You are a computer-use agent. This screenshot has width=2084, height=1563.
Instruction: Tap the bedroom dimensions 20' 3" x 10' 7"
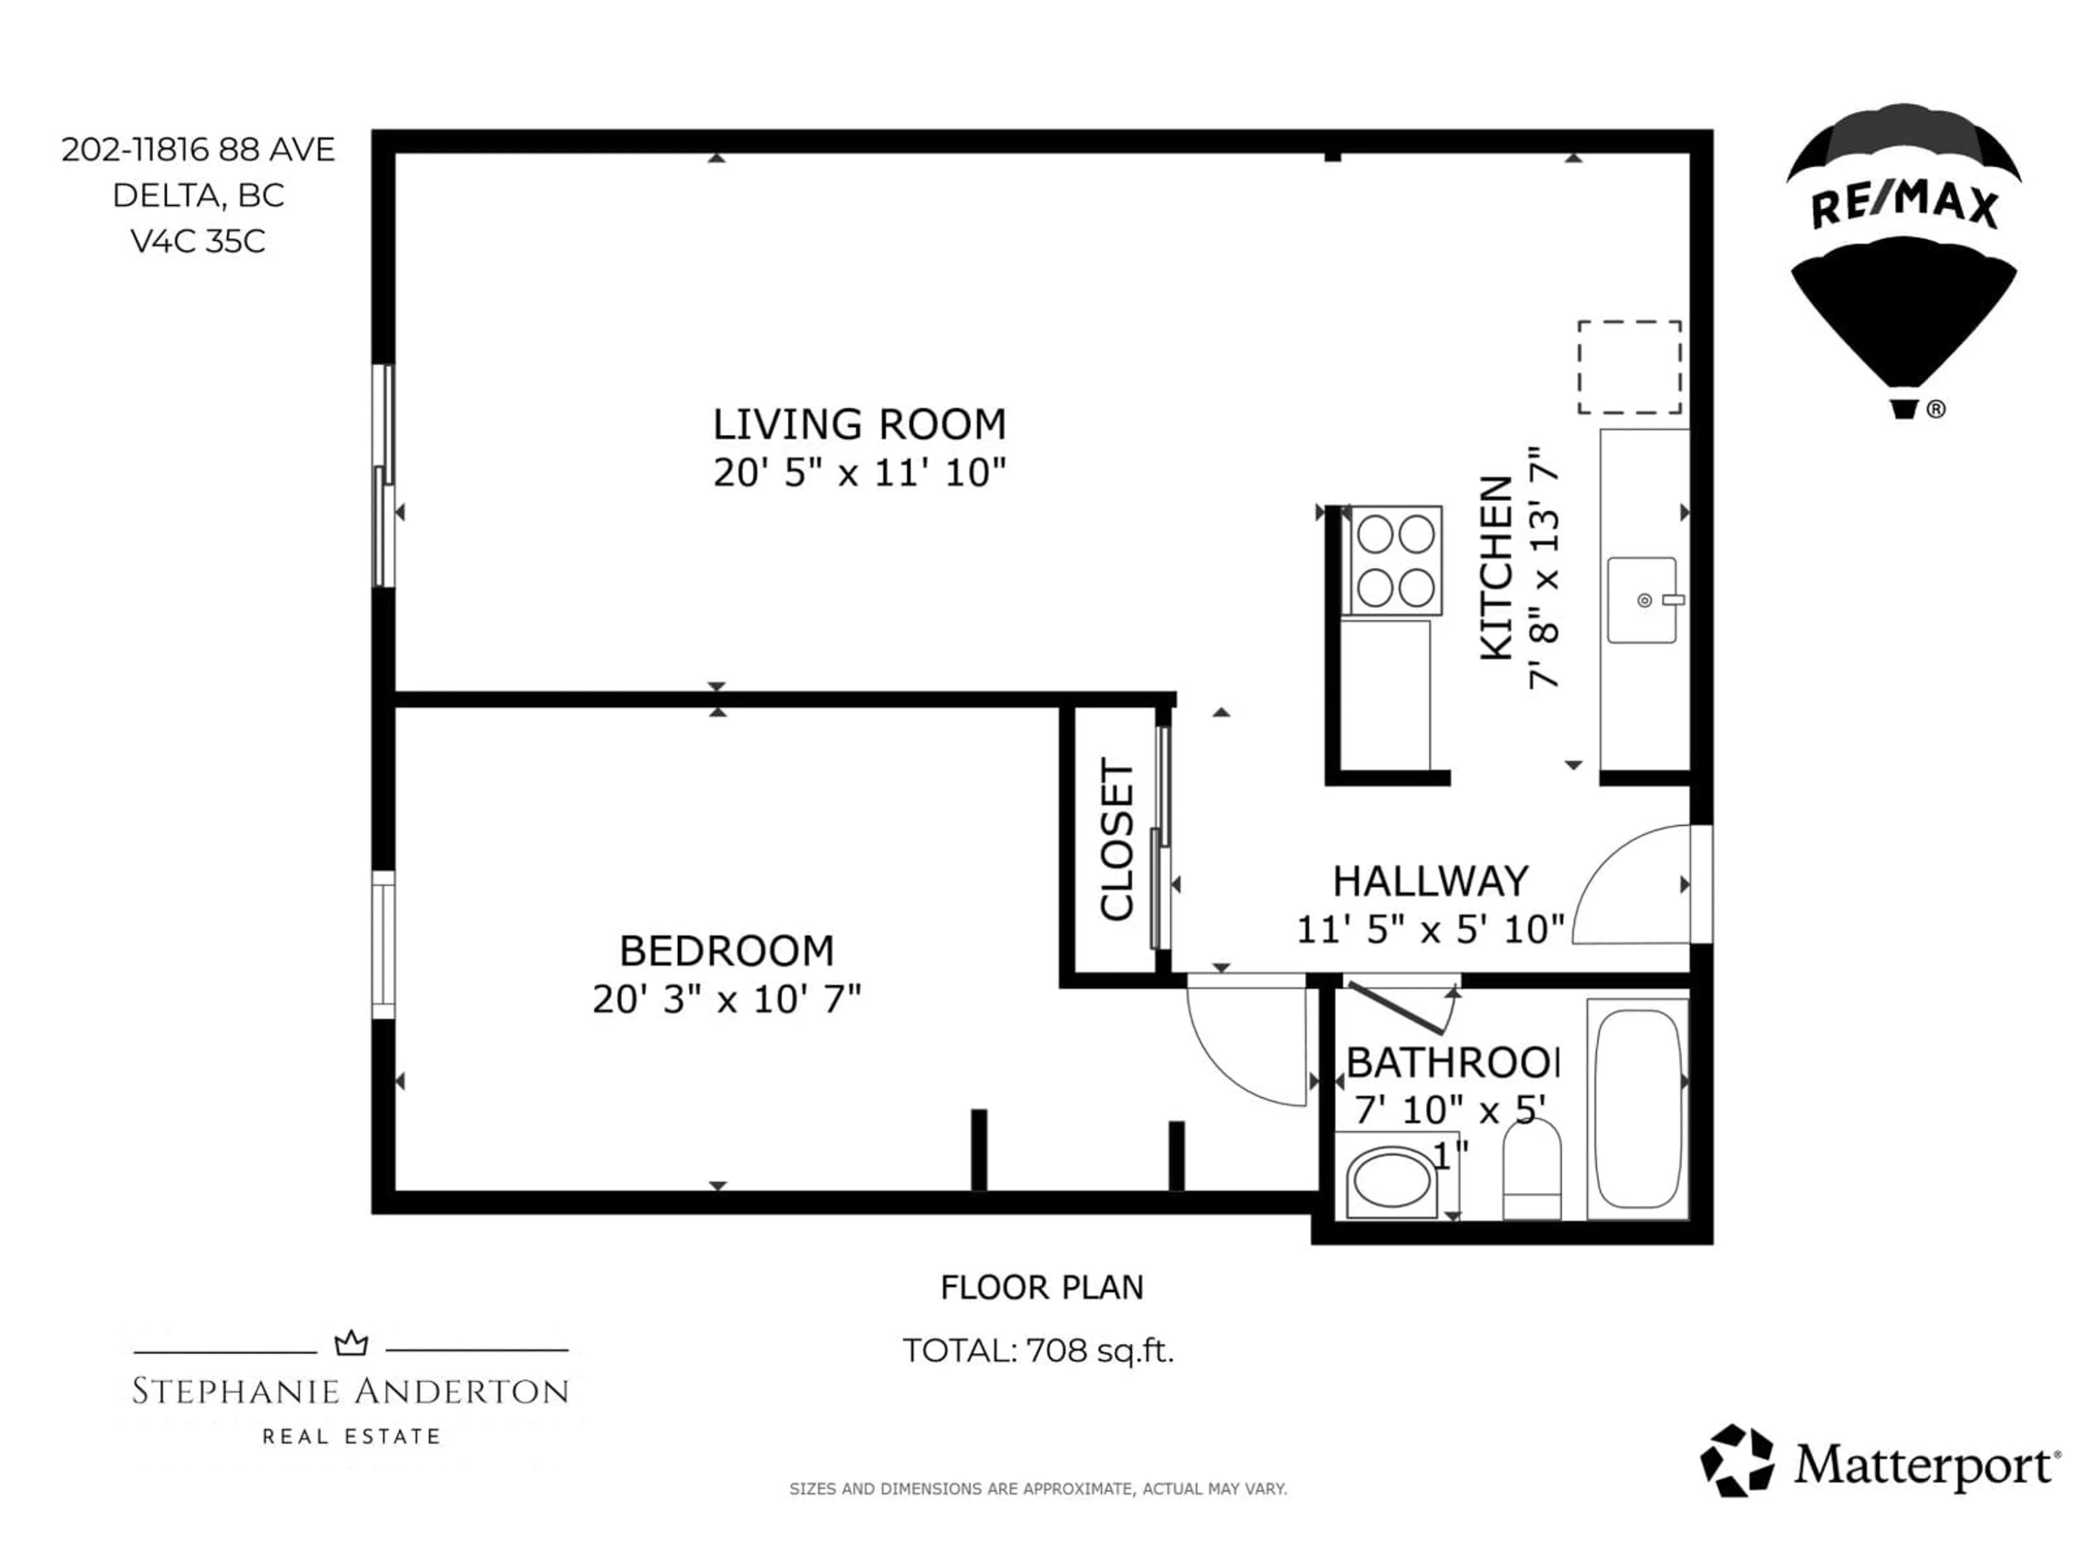(x=726, y=1000)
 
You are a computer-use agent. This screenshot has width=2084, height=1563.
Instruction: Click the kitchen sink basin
(x=1641, y=600)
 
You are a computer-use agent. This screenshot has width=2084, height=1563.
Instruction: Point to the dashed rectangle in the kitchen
(x=1629, y=367)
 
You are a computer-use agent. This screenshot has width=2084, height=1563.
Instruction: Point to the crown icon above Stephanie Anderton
(x=352, y=1344)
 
